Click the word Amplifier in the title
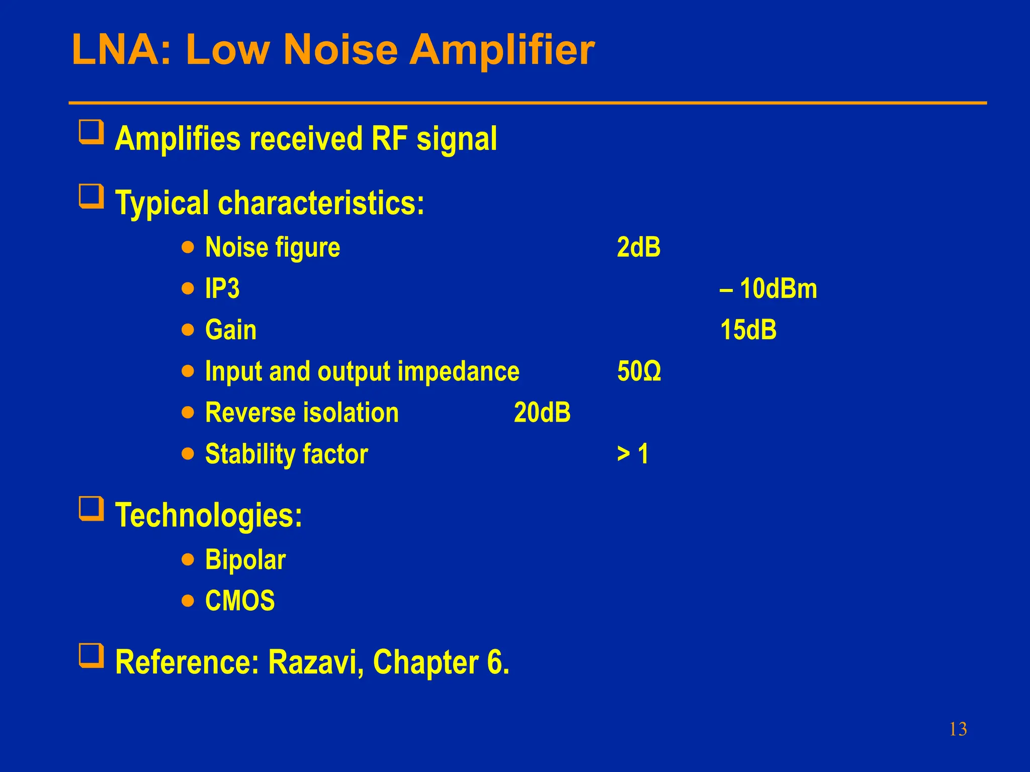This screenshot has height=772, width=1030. tap(501, 50)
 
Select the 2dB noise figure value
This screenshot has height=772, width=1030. tap(639, 247)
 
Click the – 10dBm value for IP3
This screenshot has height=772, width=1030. tap(768, 288)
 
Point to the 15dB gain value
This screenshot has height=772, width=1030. tap(748, 330)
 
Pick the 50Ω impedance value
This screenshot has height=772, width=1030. tap(639, 371)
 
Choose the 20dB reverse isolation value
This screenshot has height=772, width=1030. tap(542, 413)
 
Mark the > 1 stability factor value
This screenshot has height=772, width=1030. tap(633, 454)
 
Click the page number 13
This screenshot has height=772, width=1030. tap(958, 729)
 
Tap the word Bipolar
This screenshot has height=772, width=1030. tap(245, 560)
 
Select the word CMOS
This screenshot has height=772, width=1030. tap(240, 601)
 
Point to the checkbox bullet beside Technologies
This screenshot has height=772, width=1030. tap(92, 509)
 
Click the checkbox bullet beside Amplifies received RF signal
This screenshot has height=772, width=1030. tap(92, 132)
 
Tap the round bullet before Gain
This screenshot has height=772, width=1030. tap(188, 330)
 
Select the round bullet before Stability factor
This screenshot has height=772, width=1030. tap(188, 454)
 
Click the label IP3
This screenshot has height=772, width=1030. tap(222, 288)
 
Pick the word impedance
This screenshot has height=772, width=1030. tap(458, 371)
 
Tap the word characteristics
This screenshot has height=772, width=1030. tap(321, 203)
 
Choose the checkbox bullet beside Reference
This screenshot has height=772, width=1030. tap(92, 656)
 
